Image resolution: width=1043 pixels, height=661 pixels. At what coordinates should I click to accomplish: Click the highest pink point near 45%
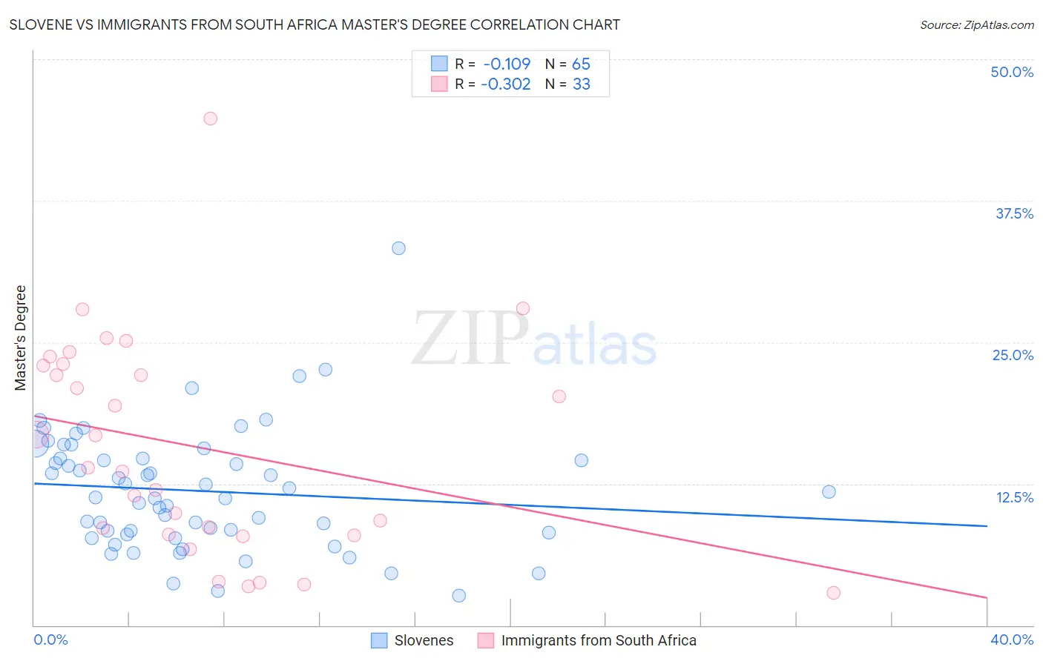click(x=210, y=119)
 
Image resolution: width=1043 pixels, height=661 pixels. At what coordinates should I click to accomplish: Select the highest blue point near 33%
click(x=398, y=248)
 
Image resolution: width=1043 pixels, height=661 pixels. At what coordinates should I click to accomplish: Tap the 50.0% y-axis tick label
click(x=1012, y=72)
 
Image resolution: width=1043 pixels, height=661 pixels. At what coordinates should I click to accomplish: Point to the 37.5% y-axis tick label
click(x=1014, y=213)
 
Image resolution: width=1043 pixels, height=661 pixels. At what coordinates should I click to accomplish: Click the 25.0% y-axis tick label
click(x=1013, y=355)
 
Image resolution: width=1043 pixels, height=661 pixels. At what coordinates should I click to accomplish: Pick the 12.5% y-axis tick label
click(x=1014, y=497)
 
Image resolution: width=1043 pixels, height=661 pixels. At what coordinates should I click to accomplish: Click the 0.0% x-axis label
click(x=50, y=640)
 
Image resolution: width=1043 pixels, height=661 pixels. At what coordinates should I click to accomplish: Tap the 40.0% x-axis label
click(x=1011, y=640)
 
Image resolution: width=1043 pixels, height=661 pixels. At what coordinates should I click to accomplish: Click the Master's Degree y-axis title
click(x=21, y=338)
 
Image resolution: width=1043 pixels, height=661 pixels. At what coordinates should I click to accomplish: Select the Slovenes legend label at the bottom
click(x=424, y=640)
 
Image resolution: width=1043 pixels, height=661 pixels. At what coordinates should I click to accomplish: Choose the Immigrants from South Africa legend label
click(x=599, y=640)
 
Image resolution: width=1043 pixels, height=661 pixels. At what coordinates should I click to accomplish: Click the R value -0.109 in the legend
click(x=507, y=64)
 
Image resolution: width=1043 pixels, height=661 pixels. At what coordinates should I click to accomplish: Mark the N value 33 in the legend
click(x=582, y=84)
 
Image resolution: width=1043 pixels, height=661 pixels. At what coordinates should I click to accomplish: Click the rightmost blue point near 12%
click(x=829, y=492)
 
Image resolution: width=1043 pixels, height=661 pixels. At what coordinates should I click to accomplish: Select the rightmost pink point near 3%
click(x=833, y=593)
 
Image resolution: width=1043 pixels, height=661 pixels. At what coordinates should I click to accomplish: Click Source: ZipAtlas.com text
click(x=976, y=25)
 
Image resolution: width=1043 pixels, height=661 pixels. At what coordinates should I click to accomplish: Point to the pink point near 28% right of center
click(x=522, y=308)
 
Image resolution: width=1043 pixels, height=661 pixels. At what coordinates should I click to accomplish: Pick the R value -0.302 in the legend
click(x=505, y=84)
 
